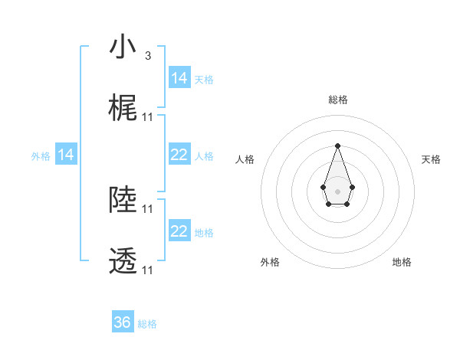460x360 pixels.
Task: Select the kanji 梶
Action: pos(123,110)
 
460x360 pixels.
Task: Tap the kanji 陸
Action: pos(123,201)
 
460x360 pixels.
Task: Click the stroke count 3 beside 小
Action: pos(147,55)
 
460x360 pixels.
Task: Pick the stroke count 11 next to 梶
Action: pos(148,117)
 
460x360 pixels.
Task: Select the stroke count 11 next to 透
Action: pos(148,270)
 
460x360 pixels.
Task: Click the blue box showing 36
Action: pos(123,322)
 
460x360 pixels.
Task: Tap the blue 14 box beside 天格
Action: pos(179,77)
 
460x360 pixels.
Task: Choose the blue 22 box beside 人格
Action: pos(179,155)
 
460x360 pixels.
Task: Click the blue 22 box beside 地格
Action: pos(179,231)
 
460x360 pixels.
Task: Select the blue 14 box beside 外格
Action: pos(66,155)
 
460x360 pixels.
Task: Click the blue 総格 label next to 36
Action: pos(147,324)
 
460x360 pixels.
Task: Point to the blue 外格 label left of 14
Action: pos(41,155)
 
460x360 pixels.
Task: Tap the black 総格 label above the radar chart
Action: pos(337,100)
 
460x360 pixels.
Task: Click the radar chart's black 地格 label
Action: pos(402,263)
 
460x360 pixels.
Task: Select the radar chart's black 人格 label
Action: pos(245,159)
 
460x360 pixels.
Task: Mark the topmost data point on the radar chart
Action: pos(337,146)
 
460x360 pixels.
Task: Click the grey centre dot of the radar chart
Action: pos(337,190)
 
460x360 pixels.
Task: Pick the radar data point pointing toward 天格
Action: pos(352,186)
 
